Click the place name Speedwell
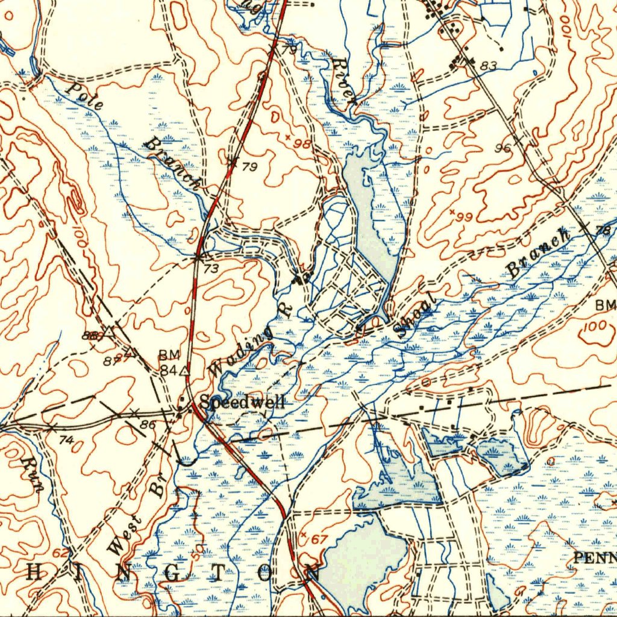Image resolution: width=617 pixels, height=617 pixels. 242,402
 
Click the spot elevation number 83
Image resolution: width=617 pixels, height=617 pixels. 489,66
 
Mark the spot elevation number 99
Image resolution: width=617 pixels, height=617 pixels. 465,216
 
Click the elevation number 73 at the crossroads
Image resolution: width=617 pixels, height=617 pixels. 211,269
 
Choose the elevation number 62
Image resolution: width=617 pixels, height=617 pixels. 60,553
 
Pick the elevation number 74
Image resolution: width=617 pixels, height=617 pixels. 66,440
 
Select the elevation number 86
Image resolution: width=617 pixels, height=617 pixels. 148,425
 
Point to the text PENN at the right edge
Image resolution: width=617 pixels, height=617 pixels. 594,557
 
